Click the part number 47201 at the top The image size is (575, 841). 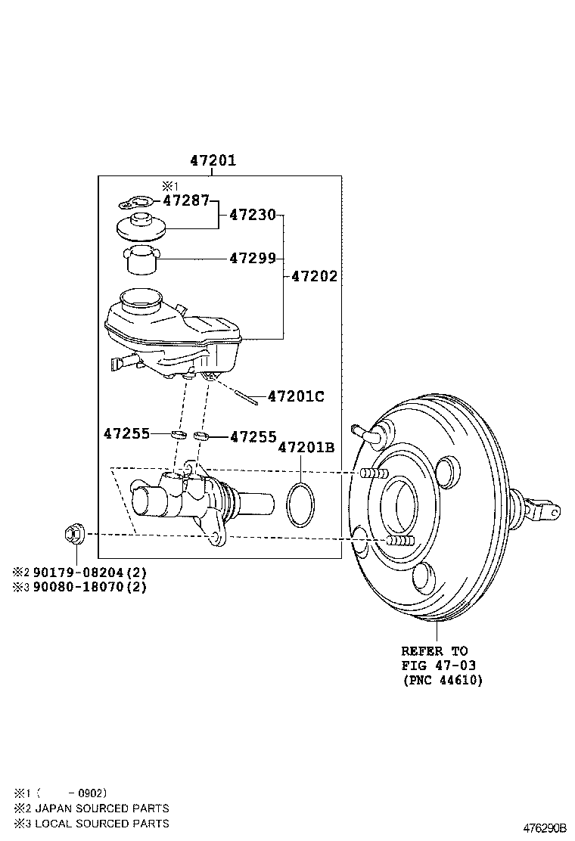213,160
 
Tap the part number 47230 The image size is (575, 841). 253,215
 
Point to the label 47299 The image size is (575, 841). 253,258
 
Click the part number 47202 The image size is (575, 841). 315,277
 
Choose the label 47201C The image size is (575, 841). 296,396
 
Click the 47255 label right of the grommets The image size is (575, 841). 253,436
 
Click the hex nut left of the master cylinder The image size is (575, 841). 74,534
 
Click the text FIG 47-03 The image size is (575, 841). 439,665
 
